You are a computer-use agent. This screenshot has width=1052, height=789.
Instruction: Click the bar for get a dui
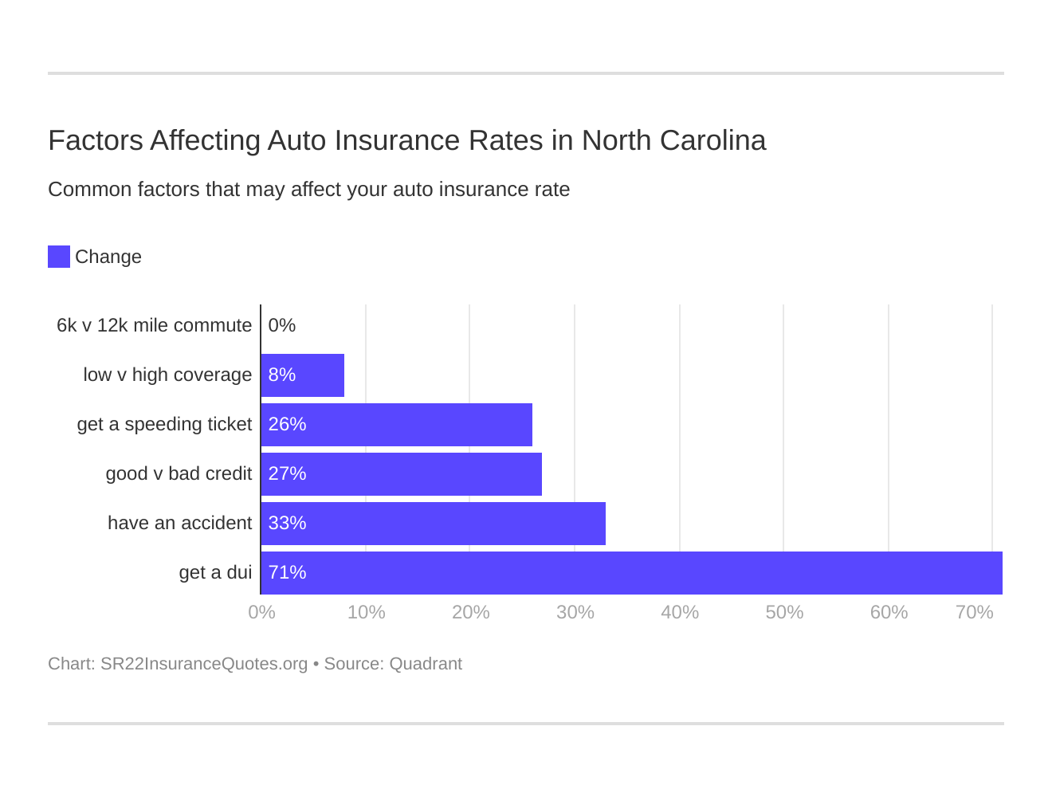coord(631,572)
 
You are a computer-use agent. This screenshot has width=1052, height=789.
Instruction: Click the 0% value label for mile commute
coord(282,325)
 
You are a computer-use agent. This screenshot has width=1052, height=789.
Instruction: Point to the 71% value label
coord(287,572)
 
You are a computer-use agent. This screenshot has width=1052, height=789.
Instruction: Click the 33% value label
coord(287,523)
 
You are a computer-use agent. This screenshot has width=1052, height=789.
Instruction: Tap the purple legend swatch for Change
coord(59,257)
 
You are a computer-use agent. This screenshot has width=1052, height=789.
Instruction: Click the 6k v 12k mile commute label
coord(154,325)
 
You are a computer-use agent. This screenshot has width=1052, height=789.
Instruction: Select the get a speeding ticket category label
coord(164,424)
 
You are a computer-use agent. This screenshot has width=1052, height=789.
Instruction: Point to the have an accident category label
coord(179,523)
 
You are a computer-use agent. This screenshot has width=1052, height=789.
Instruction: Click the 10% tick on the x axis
coord(366,612)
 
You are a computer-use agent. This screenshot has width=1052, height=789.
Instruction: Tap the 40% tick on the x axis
coord(680,612)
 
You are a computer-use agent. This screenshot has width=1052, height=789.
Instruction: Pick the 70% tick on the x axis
coord(974,612)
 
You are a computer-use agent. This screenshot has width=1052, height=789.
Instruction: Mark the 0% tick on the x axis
coord(261,612)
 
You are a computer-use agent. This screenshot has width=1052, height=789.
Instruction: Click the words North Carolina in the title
coord(673,140)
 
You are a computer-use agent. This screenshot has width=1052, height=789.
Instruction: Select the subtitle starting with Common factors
coord(308,189)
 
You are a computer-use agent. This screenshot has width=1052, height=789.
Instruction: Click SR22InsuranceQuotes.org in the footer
coord(204,664)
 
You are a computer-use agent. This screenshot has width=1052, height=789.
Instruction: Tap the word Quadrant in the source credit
coord(426,664)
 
